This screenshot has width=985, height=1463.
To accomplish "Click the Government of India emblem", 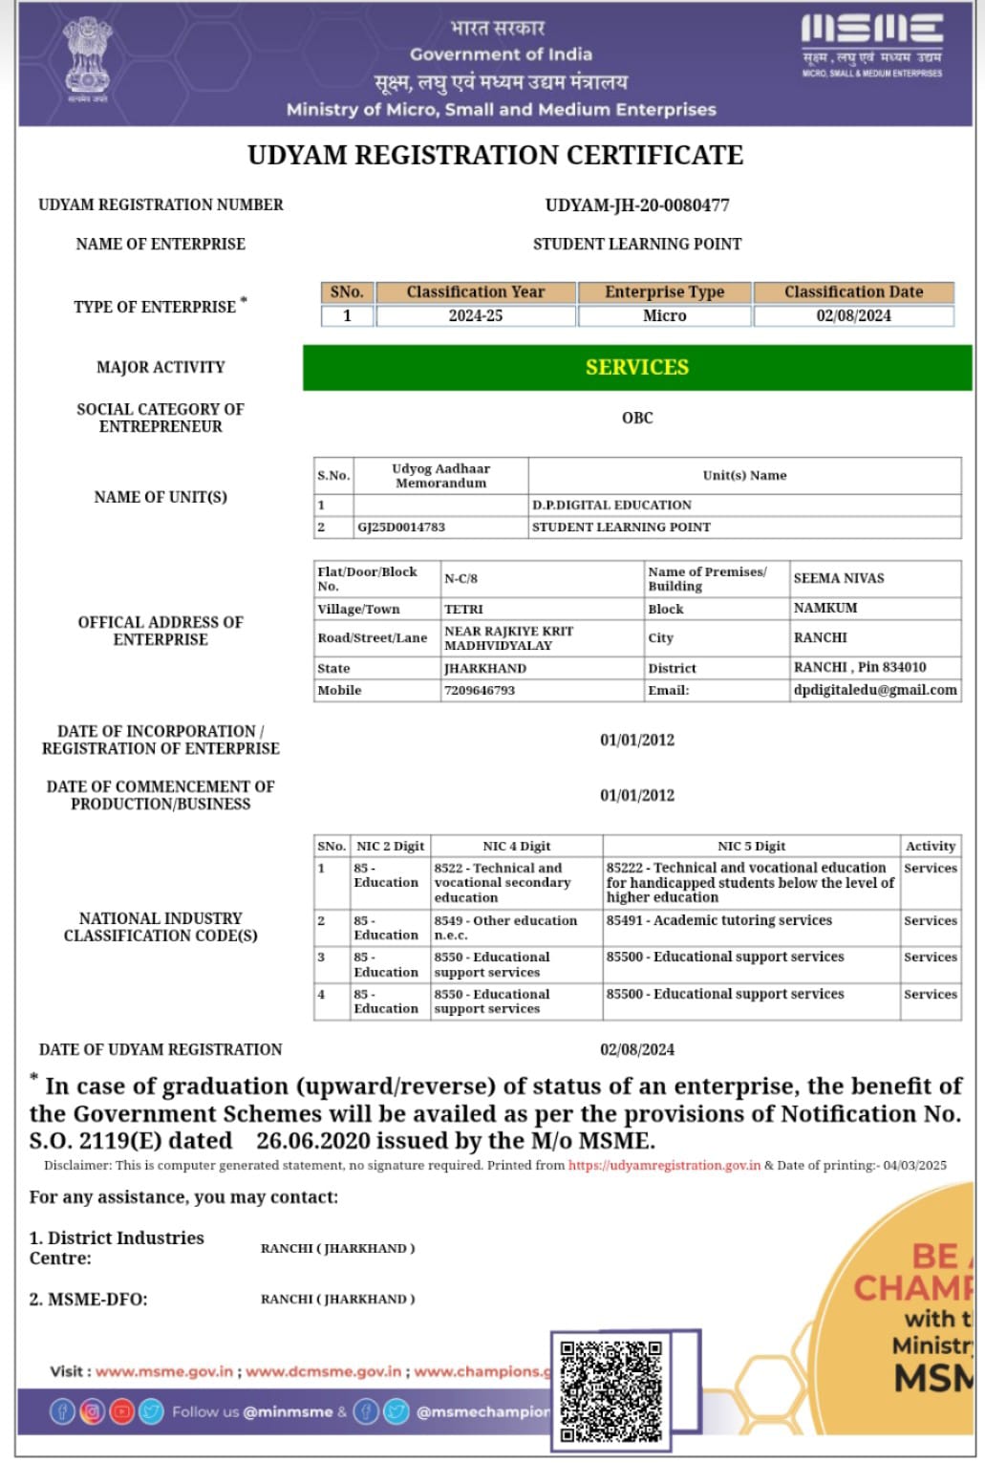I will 87,59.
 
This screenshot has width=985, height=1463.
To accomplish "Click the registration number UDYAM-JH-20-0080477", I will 637,204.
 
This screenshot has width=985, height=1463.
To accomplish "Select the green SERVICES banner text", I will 637,367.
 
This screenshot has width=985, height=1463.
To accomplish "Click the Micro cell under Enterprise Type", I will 664,315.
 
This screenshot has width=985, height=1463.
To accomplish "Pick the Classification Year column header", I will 475,291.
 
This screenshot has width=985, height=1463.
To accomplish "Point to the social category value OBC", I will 637,418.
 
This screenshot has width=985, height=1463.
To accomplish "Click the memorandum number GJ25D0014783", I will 401,527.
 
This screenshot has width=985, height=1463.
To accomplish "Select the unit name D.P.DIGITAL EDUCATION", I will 611,505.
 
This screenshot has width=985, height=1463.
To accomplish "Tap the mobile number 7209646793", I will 480,690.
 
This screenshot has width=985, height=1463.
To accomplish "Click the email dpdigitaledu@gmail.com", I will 875,690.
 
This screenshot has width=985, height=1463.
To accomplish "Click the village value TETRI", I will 463,609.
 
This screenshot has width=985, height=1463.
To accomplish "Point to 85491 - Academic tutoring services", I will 718,920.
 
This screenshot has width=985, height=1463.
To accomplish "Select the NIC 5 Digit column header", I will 751,846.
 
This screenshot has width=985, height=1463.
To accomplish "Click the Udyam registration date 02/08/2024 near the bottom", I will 637,1049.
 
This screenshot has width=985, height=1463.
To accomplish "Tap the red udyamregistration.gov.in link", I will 664,1165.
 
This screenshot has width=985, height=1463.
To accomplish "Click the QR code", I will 611,1390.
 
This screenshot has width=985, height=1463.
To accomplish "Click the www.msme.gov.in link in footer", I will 163,1371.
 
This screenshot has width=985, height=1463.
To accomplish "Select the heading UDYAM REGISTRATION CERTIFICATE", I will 495,155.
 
